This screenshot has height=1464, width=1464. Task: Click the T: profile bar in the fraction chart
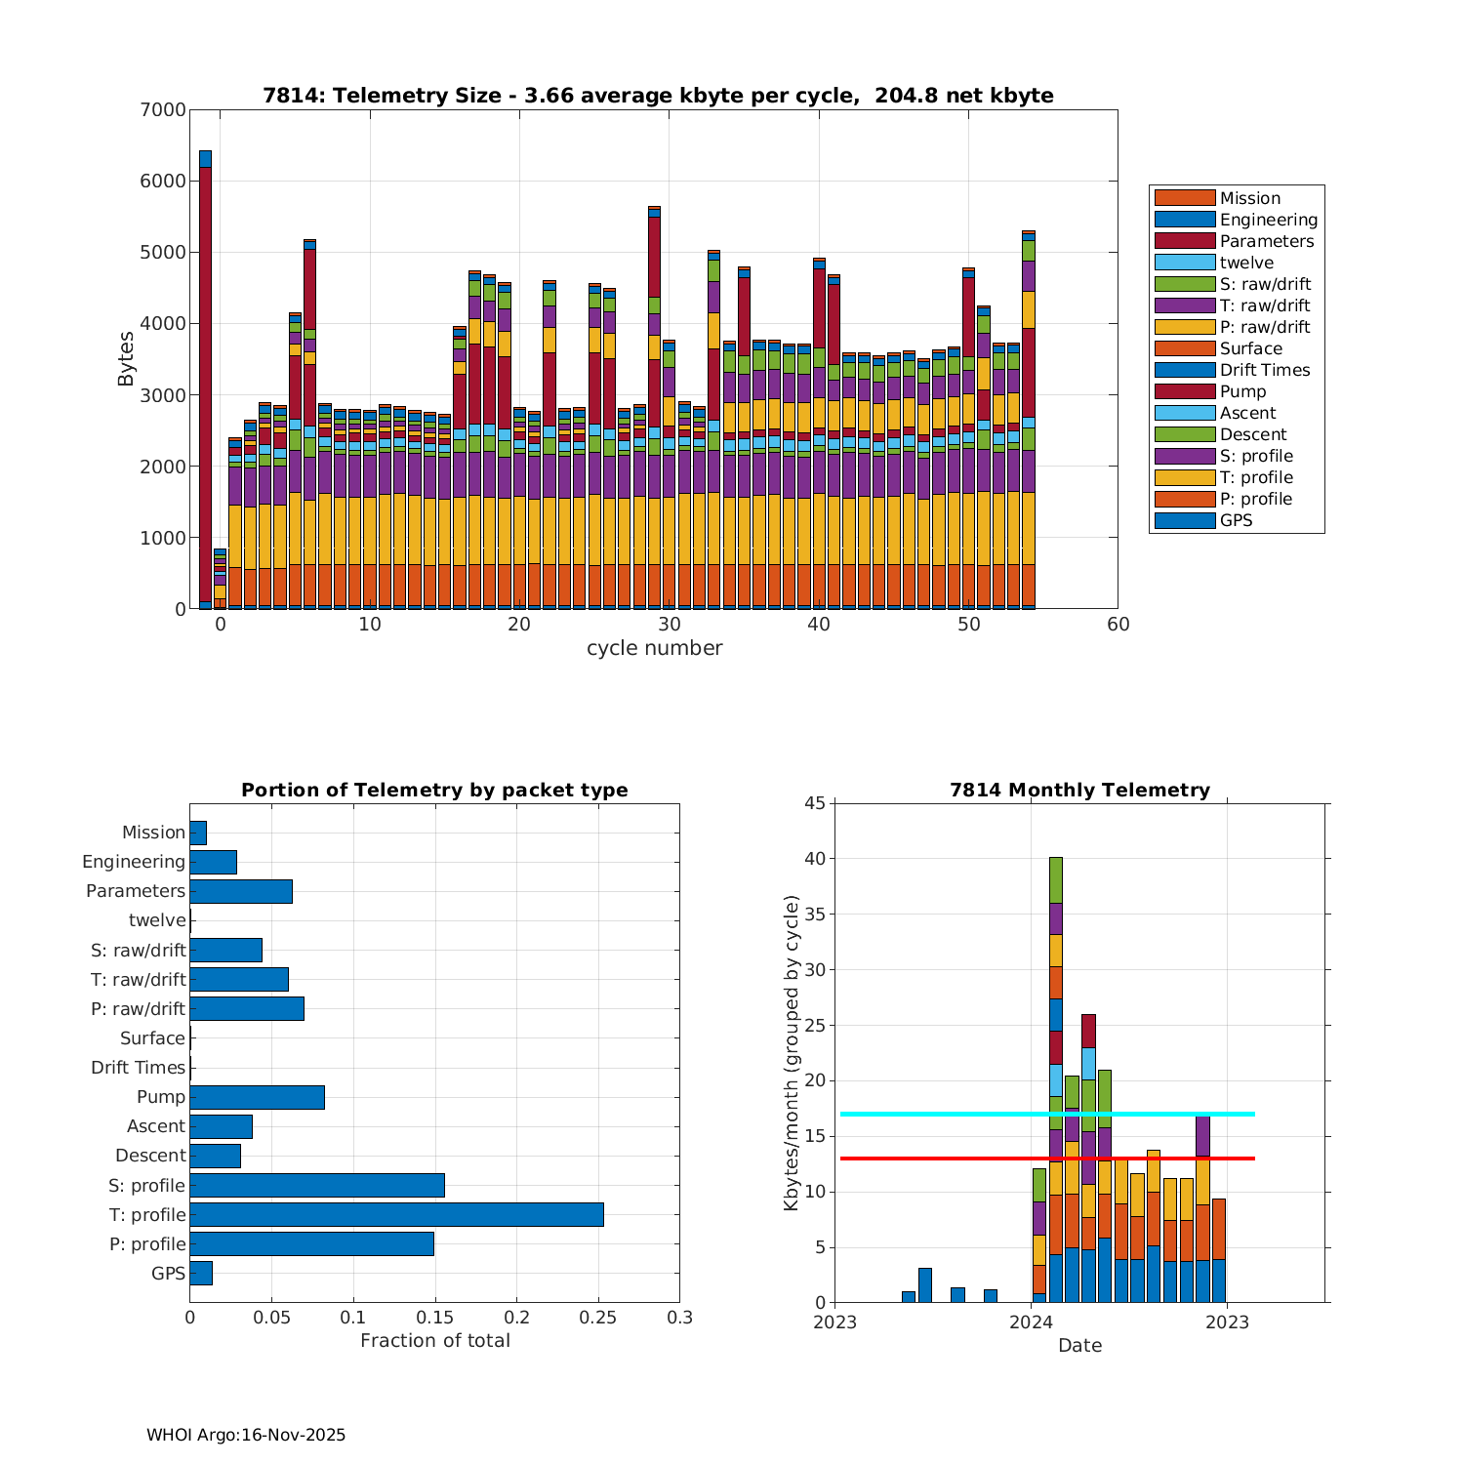pyautogui.click(x=396, y=1214)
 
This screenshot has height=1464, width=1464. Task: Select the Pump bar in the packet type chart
pyautogui.click(x=257, y=1097)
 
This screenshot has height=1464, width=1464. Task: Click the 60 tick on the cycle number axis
pyautogui.click(x=1118, y=625)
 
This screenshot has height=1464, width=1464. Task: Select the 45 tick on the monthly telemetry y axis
pyautogui.click(x=814, y=803)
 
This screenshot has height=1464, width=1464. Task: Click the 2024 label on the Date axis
pyautogui.click(x=1031, y=1322)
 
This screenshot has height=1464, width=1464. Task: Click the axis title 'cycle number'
pyautogui.click(x=654, y=648)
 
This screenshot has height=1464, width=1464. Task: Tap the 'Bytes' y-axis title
pyautogui.click(x=126, y=359)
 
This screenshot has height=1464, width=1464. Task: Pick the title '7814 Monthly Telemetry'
pyautogui.click(x=1079, y=790)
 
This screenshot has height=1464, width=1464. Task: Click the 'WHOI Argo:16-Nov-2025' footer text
pyautogui.click(x=246, y=1435)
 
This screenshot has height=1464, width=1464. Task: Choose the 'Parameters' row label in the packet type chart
pyautogui.click(x=135, y=891)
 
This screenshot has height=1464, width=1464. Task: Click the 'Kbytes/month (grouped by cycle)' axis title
pyautogui.click(x=792, y=1053)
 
